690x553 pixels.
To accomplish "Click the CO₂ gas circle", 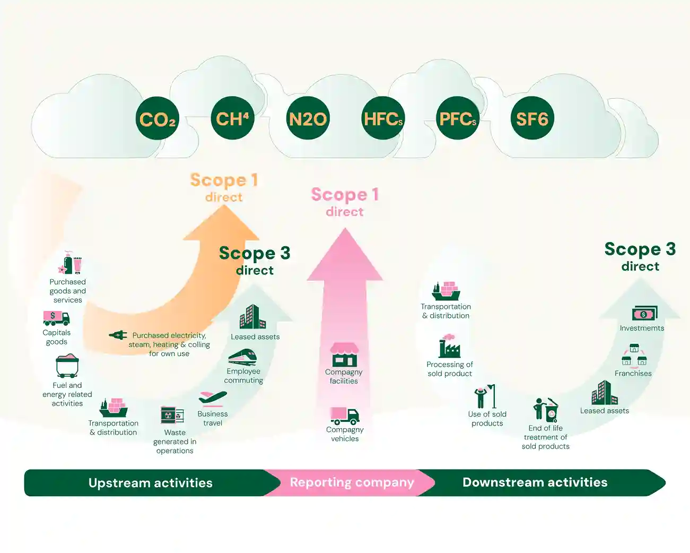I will pos(158,118).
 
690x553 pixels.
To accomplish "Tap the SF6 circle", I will pos(532,118).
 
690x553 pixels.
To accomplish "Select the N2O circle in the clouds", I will pos(308,118).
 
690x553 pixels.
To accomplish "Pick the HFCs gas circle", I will pos(382,118).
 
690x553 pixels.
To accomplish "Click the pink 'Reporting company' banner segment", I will pos(351,482).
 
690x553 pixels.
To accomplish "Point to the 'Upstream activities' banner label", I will pos(151,483).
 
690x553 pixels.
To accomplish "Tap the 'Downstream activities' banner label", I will pos(535,482).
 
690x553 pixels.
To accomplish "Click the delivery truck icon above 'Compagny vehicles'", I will pos(345,416).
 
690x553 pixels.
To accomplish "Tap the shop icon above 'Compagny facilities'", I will pos(344,355).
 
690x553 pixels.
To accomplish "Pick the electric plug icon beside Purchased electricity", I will pos(118,335).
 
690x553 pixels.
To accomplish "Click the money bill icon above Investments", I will pos(644,314).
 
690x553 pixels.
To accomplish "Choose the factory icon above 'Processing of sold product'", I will pos(449,347).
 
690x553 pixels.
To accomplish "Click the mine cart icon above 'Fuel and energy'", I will pos(67,367).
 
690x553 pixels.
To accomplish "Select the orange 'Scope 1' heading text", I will pos(224,180).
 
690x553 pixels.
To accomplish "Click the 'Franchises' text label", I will pos(633,374).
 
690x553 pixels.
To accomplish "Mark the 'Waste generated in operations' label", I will pos(174,442).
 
